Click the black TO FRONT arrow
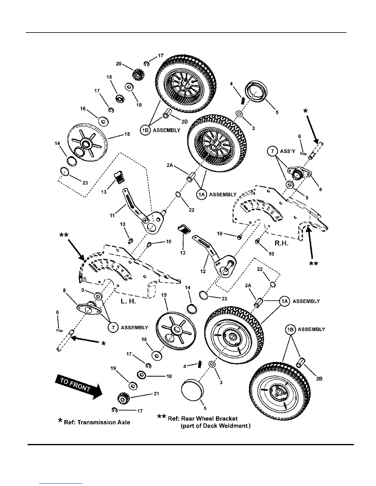(x=78, y=388)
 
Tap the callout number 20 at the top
(x=119, y=64)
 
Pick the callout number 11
(x=112, y=216)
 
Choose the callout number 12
(x=203, y=271)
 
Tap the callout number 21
(x=156, y=394)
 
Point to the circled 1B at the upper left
(x=145, y=130)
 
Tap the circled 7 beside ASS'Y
(x=272, y=152)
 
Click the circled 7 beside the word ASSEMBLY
(x=113, y=328)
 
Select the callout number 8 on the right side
(x=320, y=190)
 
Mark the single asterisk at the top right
(x=305, y=111)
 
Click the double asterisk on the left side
(x=64, y=235)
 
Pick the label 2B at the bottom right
(x=319, y=379)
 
